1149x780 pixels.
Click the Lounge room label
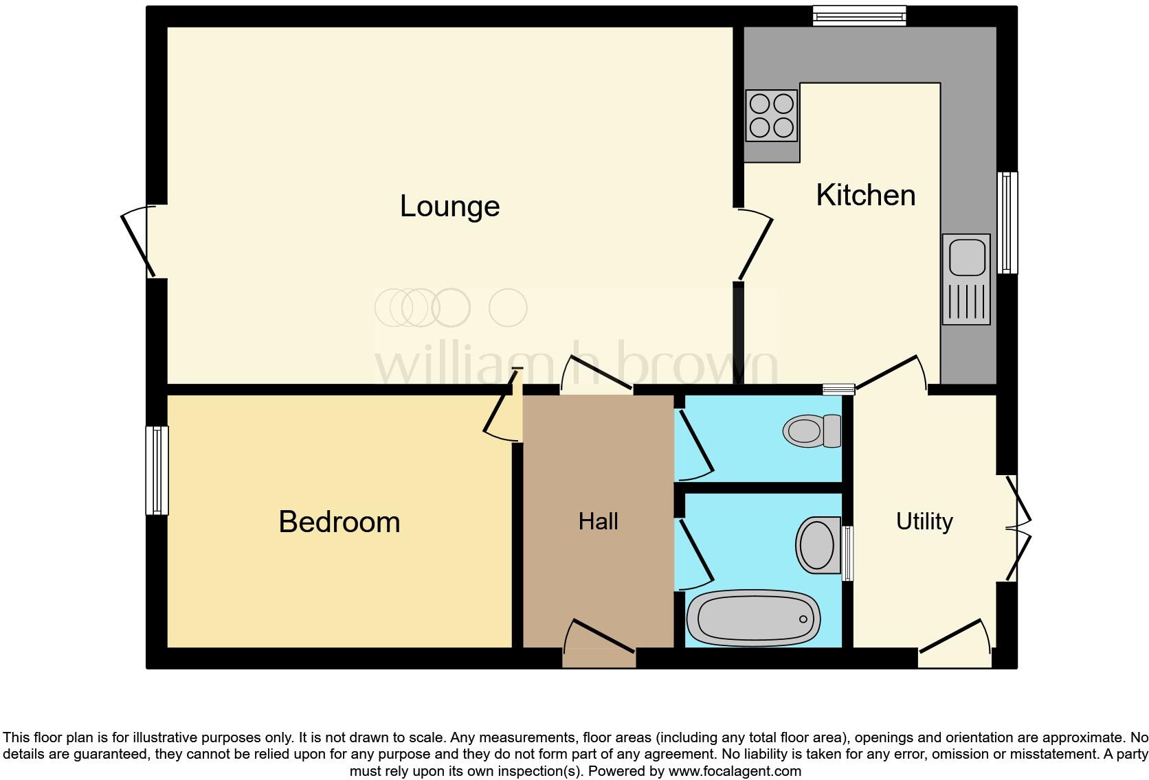(449, 206)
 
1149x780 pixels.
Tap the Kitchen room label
(865, 195)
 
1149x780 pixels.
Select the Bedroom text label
(339, 522)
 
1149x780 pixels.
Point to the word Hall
(598, 521)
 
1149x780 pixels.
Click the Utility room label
(924, 521)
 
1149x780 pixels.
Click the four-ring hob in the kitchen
(772, 115)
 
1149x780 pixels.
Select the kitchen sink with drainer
(966, 279)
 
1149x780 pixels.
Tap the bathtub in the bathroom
(753, 617)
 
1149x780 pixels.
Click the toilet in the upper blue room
(812, 431)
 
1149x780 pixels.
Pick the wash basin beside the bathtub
(818, 545)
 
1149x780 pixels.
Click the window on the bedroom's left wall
(157, 470)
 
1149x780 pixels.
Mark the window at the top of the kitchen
(859, 15)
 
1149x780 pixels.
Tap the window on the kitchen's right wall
(1007, 222)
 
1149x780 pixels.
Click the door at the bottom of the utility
(955, 643)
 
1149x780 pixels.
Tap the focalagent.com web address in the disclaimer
(734, 771)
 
